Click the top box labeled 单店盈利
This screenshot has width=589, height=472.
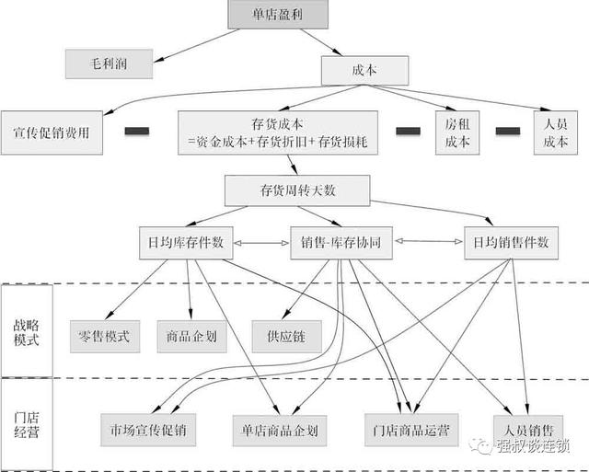click(x=278, y=15)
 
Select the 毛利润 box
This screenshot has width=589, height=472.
click(x=109, y=63)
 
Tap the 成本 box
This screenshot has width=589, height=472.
click(x=364, y=70)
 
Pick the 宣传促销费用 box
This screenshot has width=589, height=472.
click(x=52, y=132)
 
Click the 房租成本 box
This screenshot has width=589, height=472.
click(x=457, y=132)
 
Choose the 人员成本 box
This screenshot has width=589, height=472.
click(x=556, y=132)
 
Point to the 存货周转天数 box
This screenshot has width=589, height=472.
click(x=297, y=190)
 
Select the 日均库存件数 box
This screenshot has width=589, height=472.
click(x=186, y=243)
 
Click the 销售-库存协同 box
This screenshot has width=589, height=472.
click(x=341, y=243)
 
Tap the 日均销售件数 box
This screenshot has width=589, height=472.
click(x=512, y=243)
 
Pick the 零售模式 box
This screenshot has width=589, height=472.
click(x=105, y=337)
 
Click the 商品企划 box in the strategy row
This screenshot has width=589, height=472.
click(x=192, y=337)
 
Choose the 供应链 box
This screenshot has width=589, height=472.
click(x=286, y=337)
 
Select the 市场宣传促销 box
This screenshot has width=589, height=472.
click(x=148, y=430)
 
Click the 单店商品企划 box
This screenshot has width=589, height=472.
click(x=280, y=431)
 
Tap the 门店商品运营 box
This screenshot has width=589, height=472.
click(x=411, y=430)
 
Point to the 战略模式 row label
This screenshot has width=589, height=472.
click(x=27, y=332)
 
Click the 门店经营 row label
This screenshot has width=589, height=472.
click(x=27, y=425)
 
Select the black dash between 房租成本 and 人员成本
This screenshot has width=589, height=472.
click(x=508, y=131)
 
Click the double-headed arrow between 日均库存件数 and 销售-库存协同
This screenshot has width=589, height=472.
click(x=261, y=243)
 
